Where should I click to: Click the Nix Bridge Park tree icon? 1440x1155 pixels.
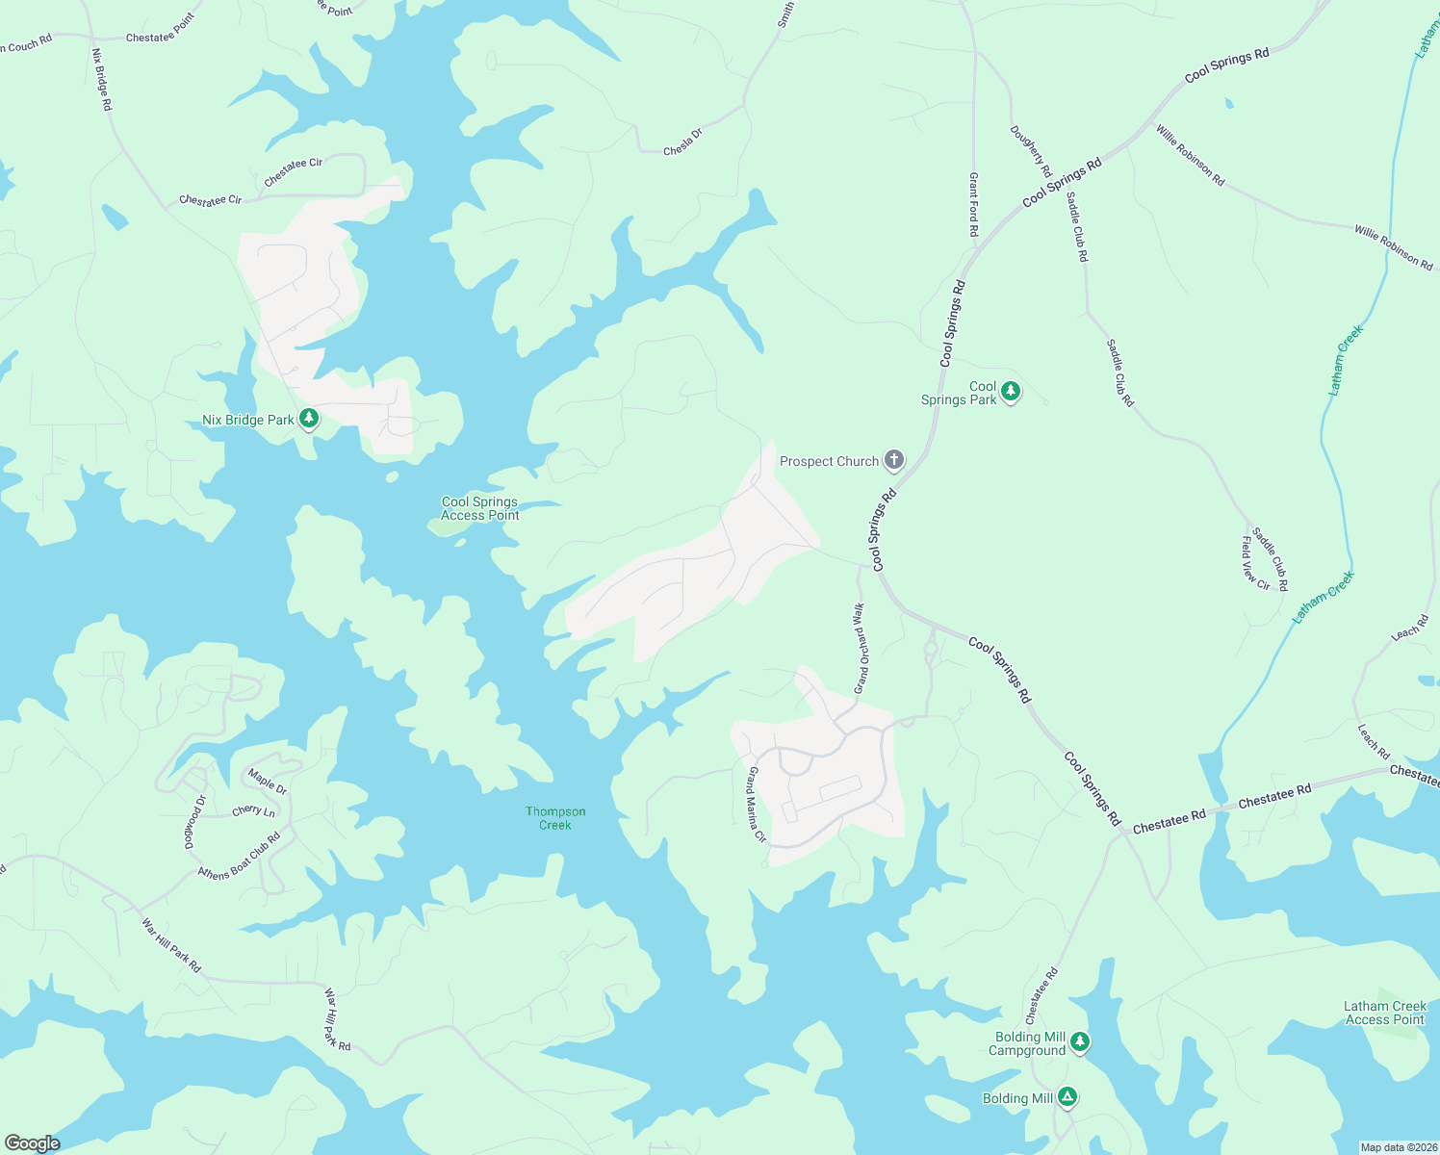[308, 419]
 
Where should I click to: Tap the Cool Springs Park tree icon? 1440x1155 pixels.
[1010, 391]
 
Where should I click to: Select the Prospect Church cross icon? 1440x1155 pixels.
[894, 460]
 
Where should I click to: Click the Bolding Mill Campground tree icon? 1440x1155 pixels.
[1080, 1042]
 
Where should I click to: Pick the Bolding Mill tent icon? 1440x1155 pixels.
[1067, 1097]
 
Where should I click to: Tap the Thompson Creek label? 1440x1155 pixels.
[555, 818]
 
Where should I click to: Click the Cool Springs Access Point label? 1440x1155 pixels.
[480, 508]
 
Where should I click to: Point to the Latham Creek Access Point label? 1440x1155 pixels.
[1385, 1013]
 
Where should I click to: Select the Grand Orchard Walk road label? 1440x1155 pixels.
[861, 648]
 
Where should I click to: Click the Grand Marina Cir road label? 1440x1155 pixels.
[756, 805]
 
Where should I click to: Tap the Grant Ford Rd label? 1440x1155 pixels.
[973, 205]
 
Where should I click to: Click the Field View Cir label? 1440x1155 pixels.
[1255, 563]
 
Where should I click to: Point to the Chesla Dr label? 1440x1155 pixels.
[683, 142]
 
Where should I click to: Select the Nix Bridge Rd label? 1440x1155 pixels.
[102, 79]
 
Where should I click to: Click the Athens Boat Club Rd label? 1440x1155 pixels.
[239, 855]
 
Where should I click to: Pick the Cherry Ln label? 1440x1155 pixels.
[253, 811]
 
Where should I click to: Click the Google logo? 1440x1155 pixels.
[32, 1142]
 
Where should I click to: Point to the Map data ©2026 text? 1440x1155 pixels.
[1398, 1147]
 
